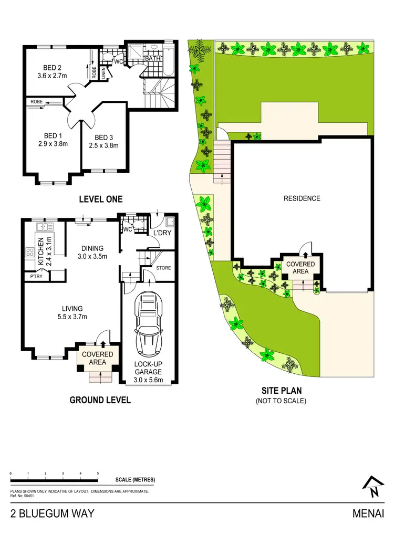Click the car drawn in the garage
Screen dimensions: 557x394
(149, 324)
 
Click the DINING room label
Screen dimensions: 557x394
(92, 248)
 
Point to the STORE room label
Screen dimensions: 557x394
(163, 268)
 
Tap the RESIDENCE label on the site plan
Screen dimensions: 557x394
(302, 198)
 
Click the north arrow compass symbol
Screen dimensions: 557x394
(373, 487)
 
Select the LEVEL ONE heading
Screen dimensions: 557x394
(100, 199)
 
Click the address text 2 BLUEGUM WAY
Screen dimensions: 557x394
(53, 513)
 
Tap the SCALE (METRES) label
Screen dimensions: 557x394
(135, 480)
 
